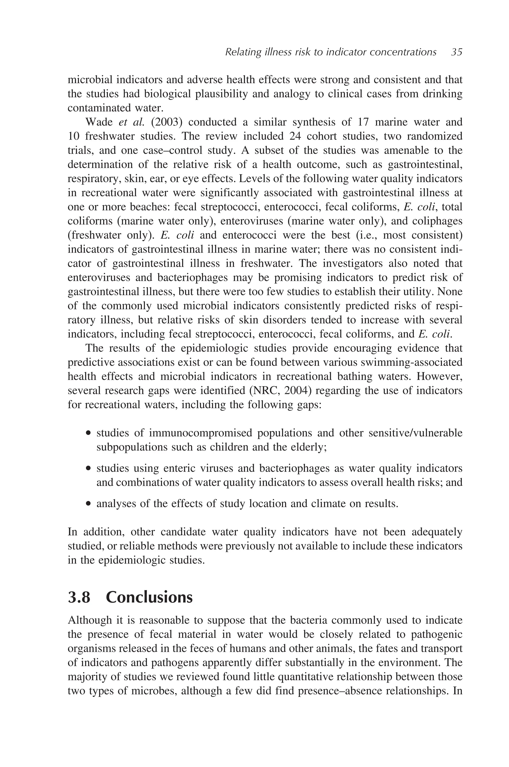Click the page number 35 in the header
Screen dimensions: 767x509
456,52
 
